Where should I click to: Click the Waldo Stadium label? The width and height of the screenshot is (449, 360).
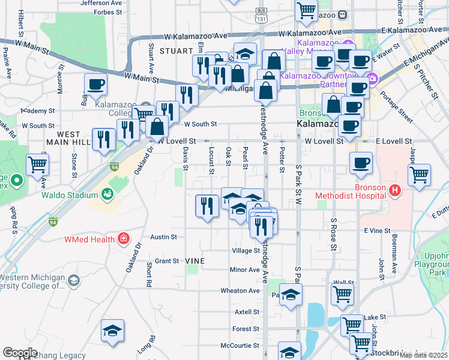click(x=69, y=195)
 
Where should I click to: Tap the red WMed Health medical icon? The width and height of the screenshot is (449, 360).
click(x=123, y=239)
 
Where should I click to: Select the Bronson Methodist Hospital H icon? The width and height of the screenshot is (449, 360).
click(x=394, y=191)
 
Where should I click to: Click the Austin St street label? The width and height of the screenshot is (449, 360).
click(x=163, y=237)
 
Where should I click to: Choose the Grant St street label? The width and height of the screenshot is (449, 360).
click(x=167, y=261)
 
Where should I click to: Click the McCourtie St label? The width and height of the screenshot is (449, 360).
click(x=240, y=346)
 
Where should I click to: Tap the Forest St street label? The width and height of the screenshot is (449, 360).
click(x=246, y=329)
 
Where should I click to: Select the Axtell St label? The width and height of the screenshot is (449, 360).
click(x=246, y=312)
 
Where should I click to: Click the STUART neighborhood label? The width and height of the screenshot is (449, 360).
click(x=175, y=51)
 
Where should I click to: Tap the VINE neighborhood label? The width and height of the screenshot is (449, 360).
click(x=195, y=261)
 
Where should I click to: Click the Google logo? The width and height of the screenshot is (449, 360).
click(x=20, y=352)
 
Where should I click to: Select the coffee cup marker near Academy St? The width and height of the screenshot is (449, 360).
click(x=95, y=85)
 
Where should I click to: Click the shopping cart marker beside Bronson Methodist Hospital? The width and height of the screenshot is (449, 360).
click(x=419, y=175)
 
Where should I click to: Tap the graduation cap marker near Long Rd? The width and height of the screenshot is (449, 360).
click(x=112, y=331)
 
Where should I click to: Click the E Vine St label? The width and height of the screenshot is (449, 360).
click(x=377, y=230)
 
